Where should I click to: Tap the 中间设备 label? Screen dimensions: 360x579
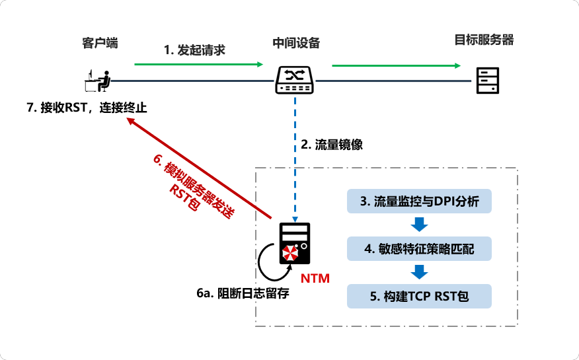pos(296,43)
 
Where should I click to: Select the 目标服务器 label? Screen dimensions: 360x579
pos(484,40)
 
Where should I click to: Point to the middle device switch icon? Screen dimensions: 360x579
pos(295,81)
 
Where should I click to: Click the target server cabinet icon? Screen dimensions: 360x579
pos(487,81)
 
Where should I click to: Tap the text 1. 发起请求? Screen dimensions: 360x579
pos(195,50)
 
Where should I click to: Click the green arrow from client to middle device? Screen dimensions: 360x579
pos(198,65)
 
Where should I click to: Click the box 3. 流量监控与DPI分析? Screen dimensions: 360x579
pos(419,202)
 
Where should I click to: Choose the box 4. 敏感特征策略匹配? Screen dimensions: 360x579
pos(419,249)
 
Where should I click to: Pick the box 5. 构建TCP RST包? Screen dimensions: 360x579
pos(419,296)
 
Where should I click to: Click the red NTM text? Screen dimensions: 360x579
pos(315,277)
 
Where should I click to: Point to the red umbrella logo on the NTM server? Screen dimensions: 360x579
pos(289,254)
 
